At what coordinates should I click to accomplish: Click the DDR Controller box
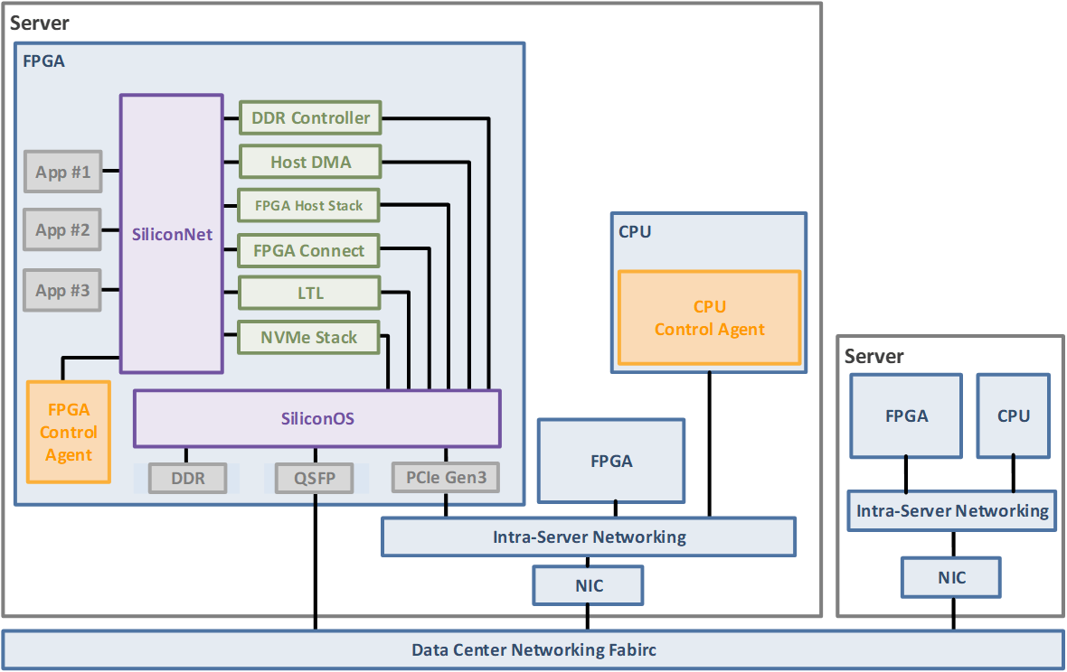[x=310, y=117]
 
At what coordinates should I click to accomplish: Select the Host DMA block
[x=310, y=163]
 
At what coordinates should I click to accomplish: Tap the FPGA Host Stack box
[x=308, y=206]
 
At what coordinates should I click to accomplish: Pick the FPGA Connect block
[x=308, y=250]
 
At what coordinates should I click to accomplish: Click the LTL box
[x=308, y=294]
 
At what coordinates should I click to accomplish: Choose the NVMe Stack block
[x=308, y=337]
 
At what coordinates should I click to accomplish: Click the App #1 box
[x=62, y=172]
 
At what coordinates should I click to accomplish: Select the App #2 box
[x=62, y=230]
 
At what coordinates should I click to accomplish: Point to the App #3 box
[x=62, y=290]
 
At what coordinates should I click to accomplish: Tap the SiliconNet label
[x=172, y=234]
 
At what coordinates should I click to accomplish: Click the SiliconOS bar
[x=316, y=418]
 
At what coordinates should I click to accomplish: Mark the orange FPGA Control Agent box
[x=69, y=432]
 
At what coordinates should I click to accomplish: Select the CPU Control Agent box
[x=710, y=318]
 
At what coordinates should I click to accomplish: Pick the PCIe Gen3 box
[x=446, y=477]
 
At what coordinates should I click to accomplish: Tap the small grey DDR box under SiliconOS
[x=188, y=478]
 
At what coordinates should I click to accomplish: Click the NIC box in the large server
[x=589, y=585]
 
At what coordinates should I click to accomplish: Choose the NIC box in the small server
[x=951, y=577]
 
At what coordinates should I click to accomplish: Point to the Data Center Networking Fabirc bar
[x=533, y=649]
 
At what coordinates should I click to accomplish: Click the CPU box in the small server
[x=1013, y=415]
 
